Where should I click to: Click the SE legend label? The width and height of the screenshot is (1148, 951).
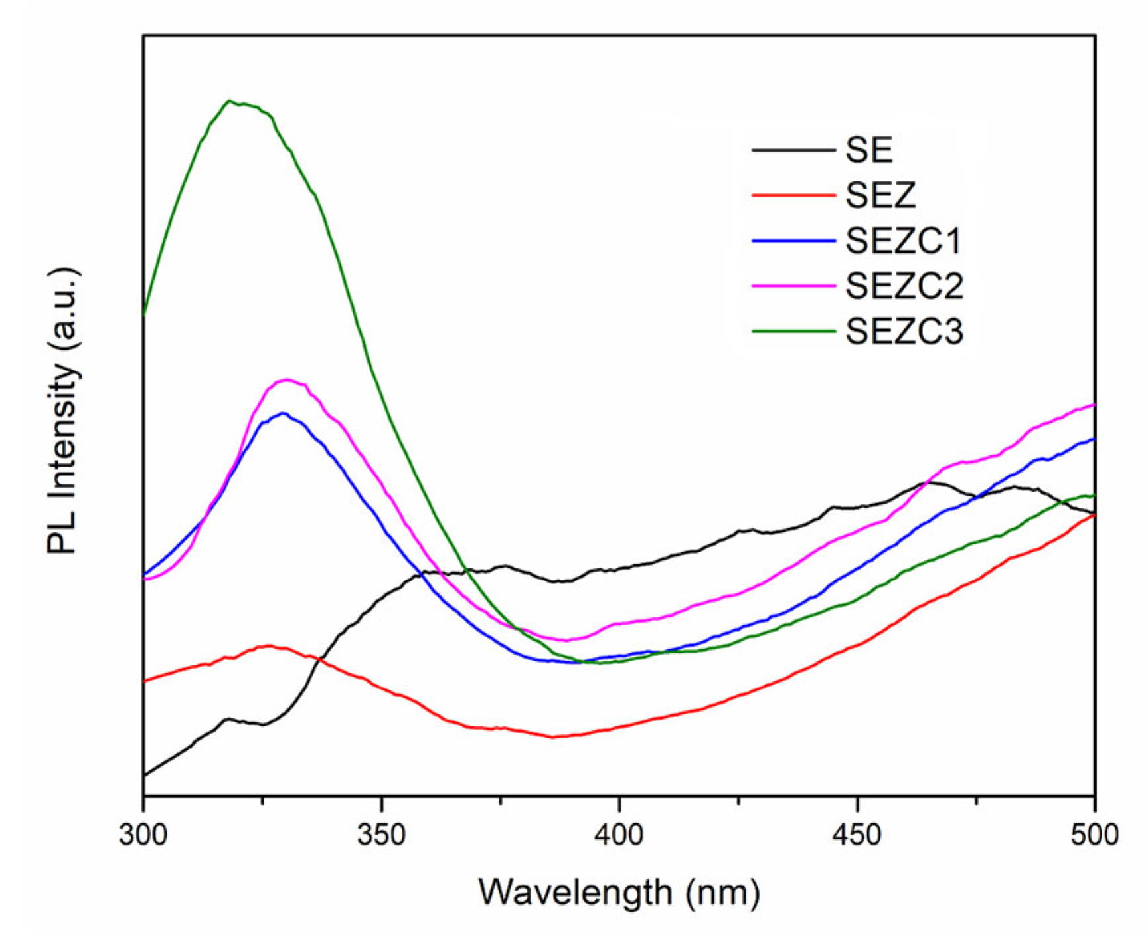point(869,150)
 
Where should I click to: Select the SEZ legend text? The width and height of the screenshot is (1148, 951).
point(880,195)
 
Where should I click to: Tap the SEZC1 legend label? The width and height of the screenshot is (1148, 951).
point(904,241)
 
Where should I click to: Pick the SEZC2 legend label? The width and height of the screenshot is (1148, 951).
point(904,286)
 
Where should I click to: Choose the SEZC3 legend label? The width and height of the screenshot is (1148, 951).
point(904,331)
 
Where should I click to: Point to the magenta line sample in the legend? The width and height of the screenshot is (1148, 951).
point(793,286)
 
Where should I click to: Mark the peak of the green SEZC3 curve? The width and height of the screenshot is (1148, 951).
point(229,101)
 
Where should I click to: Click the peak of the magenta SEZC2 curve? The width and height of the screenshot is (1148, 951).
point(287,380)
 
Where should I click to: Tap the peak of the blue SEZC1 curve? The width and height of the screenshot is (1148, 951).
point(284,413)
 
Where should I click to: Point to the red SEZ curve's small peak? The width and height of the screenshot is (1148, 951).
point(269,645)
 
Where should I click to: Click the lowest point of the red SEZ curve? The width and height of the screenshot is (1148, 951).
point(553,737)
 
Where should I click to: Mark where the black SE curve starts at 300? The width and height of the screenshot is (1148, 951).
point(145,775)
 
